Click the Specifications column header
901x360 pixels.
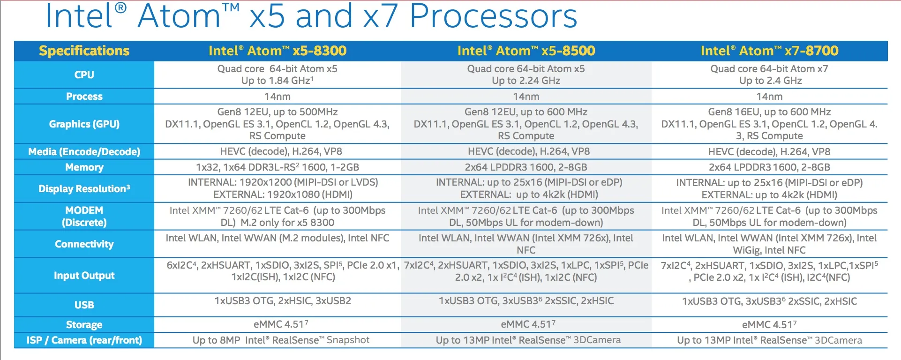click(84, 51)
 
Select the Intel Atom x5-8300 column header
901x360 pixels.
click(278, 51)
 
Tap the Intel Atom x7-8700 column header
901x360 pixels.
click(769, 51)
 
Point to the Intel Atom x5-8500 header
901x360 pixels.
click(526, 51)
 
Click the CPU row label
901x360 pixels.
click(84, 75)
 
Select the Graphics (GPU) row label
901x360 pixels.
click(84, 124)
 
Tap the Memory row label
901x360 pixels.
click(84, 167)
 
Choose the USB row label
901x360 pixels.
click(84, 305)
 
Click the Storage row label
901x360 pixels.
click(84, 325)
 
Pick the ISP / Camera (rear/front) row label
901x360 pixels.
click(84, 340)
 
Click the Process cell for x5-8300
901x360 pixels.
click(278, 97)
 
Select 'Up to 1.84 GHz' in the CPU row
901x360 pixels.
click(278, 81)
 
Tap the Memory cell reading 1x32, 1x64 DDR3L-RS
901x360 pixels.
click(278, 167)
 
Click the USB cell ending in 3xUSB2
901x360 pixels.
click(283, 301)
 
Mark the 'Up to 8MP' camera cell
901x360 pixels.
click(281, 340)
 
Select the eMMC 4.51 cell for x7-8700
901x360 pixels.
click(769, 325)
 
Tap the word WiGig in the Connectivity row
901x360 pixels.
click(746, 250)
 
